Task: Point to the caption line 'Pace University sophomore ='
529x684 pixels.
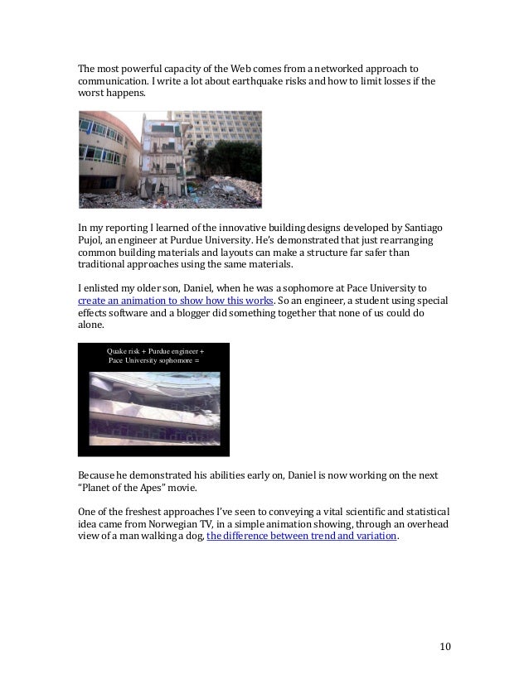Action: (153, 363)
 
